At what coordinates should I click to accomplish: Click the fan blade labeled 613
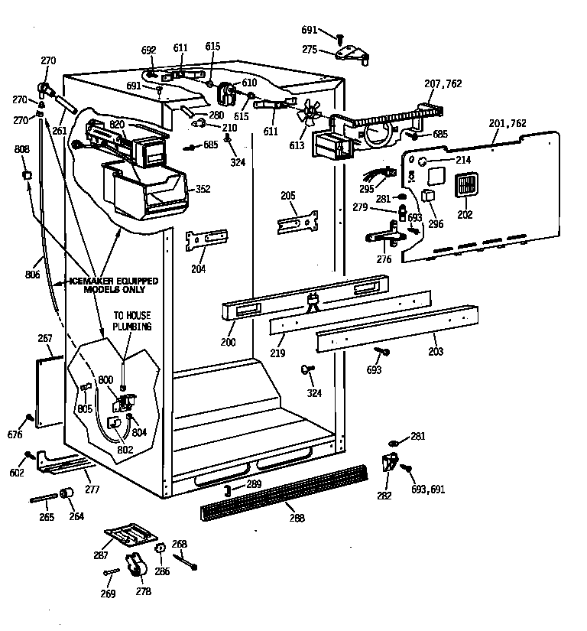click(x=310, y=112)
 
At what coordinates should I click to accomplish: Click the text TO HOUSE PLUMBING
click(x=132, y=320)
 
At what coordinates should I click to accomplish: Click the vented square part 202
click(x=465, y=187)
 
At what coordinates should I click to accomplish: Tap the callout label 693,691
click(x=427, y=489)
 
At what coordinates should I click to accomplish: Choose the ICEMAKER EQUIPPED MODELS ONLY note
click(x=113, y=285)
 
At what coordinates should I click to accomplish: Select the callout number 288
click(x=297, y=518)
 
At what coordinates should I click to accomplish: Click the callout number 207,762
click(x=443, y=83)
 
